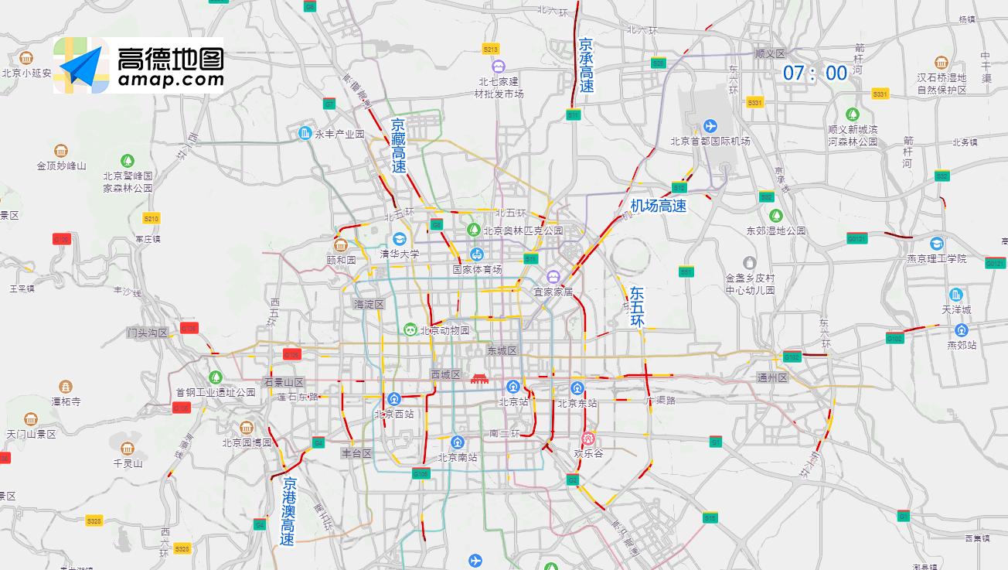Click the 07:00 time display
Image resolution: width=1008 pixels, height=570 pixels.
pos(815,73)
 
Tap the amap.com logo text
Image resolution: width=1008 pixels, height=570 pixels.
pos(171,79)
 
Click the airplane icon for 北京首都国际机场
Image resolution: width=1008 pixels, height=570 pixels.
pos(710,126)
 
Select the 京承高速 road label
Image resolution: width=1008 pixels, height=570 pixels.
pos(587,66)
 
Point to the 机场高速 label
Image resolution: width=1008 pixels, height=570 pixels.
pos(658,206)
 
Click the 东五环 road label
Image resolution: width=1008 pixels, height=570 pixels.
pos(637,306)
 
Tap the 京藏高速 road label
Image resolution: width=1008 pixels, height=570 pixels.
pos(398,145)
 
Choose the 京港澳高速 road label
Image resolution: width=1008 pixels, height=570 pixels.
pos(288,511)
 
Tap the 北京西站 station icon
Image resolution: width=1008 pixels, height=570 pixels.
pos(394,399)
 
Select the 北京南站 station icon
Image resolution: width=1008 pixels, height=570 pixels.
pos(458,442)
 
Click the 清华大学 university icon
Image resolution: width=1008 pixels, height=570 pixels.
pos(399,238)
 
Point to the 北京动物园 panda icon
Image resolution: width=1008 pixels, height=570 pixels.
pos(410,330)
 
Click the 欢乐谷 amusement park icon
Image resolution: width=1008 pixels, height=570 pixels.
pos(588,439)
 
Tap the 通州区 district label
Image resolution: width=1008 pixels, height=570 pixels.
pos(771,377)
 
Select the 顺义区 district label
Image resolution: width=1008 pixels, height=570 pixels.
pos(769,53)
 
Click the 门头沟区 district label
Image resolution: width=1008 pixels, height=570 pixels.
pos(148,333)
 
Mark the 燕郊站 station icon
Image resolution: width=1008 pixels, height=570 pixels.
pos(961,330)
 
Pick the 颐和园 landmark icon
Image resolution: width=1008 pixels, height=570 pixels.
pos(340,245)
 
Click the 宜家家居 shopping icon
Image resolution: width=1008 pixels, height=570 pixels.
pos(553,277)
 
